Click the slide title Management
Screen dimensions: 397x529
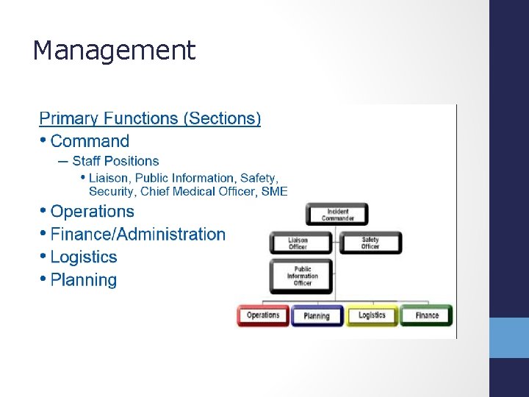114,51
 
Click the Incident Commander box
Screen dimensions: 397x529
337,215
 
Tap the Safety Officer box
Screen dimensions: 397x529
370,243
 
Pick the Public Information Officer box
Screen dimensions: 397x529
301,276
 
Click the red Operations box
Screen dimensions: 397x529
263,315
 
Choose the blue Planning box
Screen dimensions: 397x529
317,316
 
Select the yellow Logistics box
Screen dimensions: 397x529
372,315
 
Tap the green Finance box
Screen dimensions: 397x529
426,315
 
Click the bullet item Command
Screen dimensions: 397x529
90,141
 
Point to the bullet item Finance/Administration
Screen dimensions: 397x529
138,235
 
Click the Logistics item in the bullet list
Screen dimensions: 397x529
84,257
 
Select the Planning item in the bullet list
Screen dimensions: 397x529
84,280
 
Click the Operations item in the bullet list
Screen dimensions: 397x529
93,212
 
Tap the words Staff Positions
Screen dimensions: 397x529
115,161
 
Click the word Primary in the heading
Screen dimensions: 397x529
69,118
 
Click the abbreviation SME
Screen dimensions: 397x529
274,191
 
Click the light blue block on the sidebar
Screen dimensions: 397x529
509,337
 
